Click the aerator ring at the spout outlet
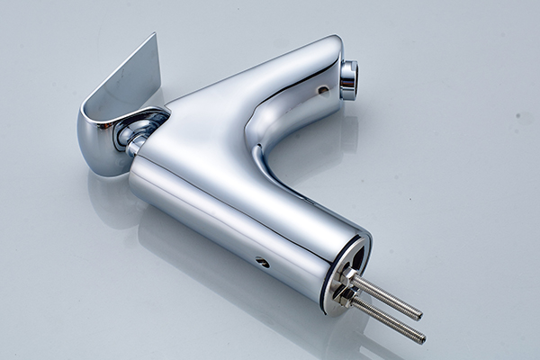coord(348,79)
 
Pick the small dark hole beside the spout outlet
coord(322,90)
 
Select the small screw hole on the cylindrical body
coord(262,262)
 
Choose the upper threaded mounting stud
coord(387,298)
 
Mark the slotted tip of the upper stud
coord(418,315)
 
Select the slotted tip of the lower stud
coord(422,339)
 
